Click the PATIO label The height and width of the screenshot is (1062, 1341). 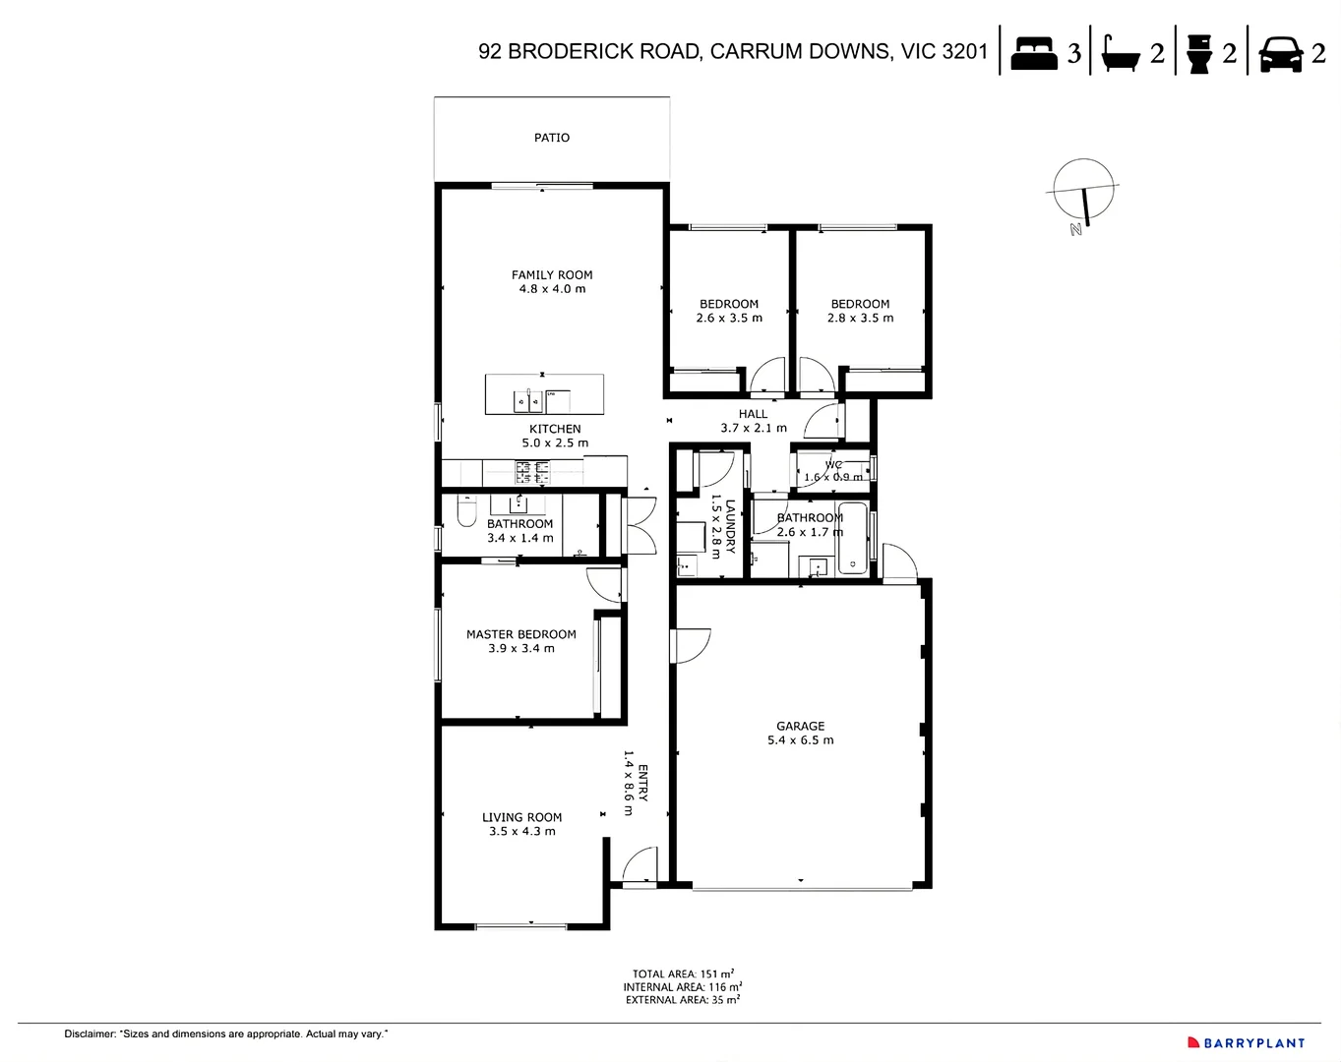tap(551, 138)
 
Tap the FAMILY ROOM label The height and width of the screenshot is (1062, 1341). tap(552, 275)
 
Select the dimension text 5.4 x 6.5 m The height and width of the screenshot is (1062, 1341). tap(800, 740)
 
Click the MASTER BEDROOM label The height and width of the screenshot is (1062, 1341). tap(520, 634)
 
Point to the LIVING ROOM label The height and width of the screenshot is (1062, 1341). tap(521, 817)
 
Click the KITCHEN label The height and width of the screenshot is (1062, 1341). tap(555, 429)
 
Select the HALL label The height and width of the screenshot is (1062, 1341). tap(753, 414)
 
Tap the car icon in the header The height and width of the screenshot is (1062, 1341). tap(1281, 53)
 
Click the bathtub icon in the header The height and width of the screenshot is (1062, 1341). tap(1120, 53)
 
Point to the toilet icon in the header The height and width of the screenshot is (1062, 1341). tap(1198, 53)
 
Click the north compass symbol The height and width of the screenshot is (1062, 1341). tap(1084, 193)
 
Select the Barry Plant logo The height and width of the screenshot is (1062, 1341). tap(1246, 1042)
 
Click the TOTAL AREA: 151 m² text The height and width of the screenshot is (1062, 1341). tap(682, 973)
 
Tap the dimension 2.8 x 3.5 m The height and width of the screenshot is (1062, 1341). tap(860, 318)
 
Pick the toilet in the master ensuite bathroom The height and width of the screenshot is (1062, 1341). tap(466, 512)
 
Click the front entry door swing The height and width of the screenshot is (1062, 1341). tap(640, 864)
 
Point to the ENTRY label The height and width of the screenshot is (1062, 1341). tap(643, 783)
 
